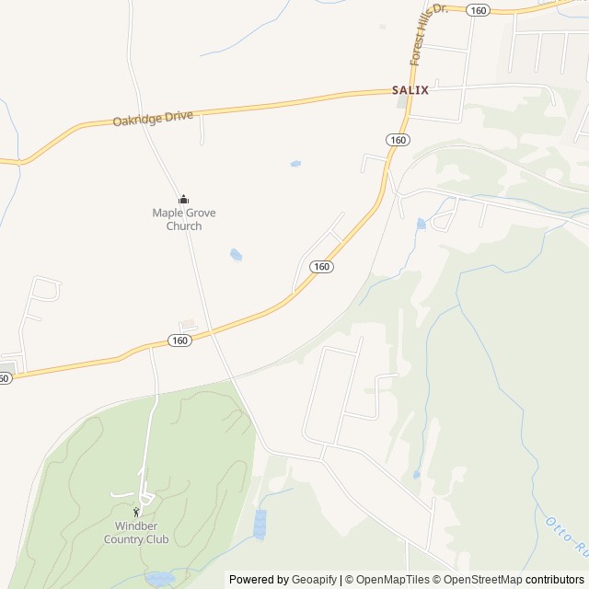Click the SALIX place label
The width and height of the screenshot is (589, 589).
[410, 90]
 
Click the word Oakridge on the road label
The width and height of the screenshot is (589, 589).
[139, 120]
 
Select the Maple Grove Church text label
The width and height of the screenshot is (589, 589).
[184, 219]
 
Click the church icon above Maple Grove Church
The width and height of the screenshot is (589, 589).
[183, 199]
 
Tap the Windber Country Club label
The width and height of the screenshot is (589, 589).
[136, 533]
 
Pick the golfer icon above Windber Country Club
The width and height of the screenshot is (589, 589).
[136, 513]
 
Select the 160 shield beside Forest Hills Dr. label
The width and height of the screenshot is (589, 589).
[477, 9]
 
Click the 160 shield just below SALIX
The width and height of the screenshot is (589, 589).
[397, 139]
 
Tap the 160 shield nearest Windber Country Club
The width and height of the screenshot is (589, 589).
[180, 341]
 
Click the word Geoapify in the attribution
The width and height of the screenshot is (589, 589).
[314, 580]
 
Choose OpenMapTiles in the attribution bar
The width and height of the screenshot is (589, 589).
[387, 580]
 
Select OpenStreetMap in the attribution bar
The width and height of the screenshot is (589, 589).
[479, 580]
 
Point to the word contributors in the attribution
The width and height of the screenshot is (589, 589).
[555, 580]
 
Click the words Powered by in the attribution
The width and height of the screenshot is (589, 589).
[259, 580]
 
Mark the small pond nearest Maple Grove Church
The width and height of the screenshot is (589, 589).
[237, 254]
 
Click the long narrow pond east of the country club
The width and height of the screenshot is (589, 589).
[260, 524]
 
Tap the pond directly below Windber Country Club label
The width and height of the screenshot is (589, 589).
[160, 579]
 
